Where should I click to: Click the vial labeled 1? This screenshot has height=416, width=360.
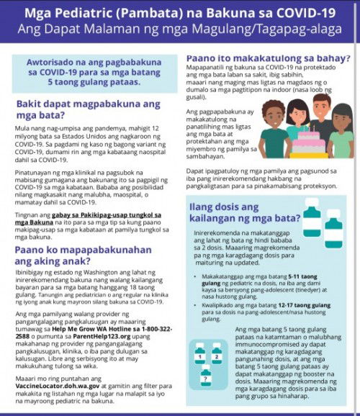coord(199,353)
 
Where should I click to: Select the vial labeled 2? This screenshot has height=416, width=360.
coord(217,353)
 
